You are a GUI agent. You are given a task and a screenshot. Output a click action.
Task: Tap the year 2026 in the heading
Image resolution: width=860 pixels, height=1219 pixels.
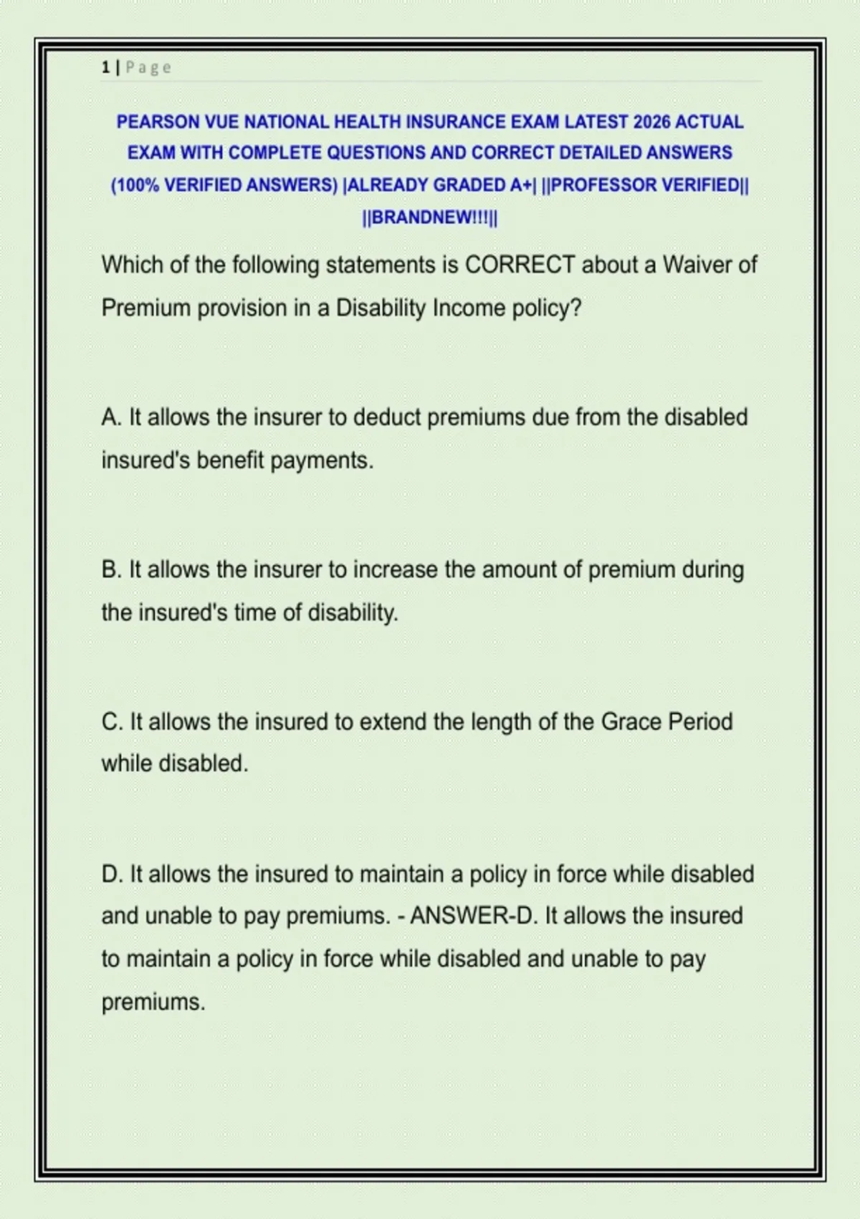tap(651, 122)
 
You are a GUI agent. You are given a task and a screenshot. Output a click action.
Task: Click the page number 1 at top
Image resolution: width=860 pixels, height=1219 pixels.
tap(105, 67)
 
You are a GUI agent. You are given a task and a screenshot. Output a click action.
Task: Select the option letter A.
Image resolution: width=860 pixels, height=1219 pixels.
tap(110, 417)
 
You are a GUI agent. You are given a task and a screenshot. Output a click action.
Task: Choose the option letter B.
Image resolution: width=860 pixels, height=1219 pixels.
tap(110, 570)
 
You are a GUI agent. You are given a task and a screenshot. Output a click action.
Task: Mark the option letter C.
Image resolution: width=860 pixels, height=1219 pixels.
tap(111, 722)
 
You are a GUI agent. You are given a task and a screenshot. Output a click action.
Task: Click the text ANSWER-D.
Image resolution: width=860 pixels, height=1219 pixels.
tap(472, 916)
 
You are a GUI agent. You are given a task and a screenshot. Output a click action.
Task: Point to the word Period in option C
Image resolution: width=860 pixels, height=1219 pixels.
tap(700, 722)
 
